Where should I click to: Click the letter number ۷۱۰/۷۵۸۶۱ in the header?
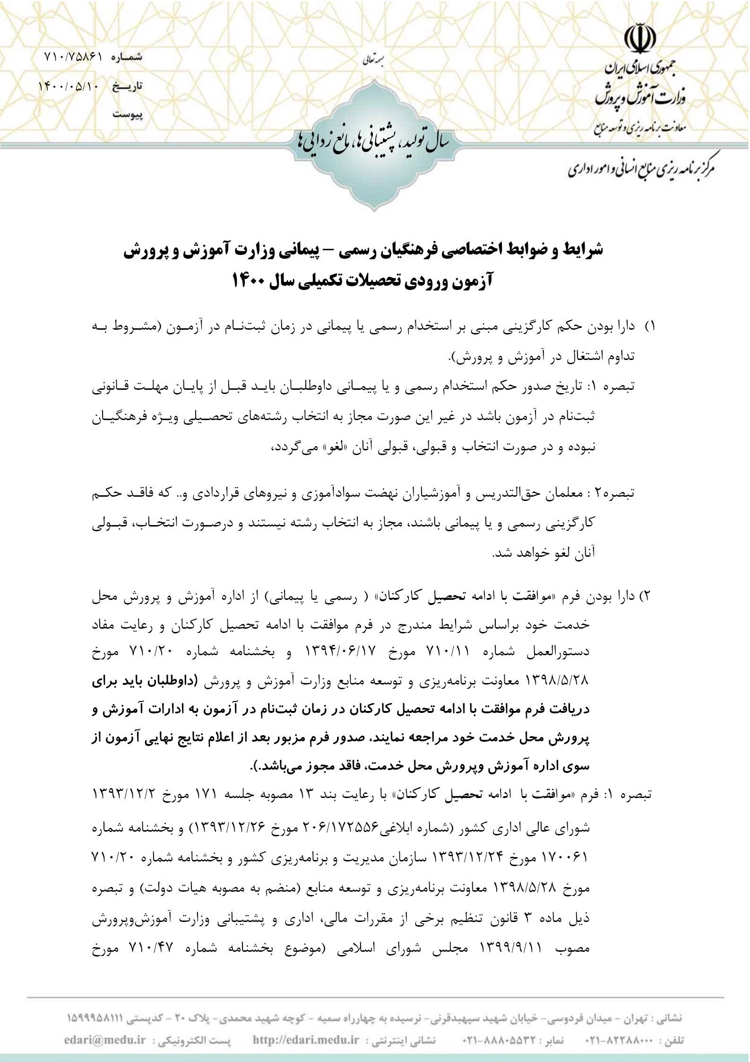(x=73, y=57)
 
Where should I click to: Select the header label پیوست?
(x=128, y=115)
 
